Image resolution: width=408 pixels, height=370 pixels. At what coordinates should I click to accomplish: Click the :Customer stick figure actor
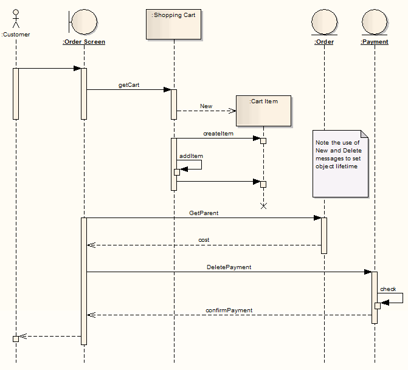coord(16,18)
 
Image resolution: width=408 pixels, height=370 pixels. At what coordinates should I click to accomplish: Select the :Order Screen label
coord(84,42)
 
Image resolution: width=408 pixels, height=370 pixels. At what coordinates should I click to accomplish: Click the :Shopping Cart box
coord(173,24)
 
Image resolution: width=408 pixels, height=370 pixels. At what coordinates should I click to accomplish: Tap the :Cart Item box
coord(263,111)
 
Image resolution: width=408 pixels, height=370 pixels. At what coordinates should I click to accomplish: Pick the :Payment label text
coord(374,42)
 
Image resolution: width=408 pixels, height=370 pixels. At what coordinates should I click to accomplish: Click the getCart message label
coord(129,85)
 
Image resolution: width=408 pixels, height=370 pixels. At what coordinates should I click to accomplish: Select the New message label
coord(206,106)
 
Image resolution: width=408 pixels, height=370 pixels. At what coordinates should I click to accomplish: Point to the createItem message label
coord(218,133)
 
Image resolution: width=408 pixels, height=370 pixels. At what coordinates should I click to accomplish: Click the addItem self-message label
coord(191,156)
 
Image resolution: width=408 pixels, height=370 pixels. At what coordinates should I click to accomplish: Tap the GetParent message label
coord(204,213)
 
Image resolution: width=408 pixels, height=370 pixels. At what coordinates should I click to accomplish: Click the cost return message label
coord(204,240)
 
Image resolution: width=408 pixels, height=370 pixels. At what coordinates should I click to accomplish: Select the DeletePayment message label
coord(229,267)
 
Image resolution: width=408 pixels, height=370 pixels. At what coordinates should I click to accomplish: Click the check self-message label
coord(388,289)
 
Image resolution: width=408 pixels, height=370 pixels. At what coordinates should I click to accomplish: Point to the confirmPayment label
coord(229,310)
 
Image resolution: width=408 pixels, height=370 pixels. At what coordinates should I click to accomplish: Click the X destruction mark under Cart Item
coord(263,206)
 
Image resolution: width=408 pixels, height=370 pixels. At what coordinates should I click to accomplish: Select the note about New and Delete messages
coord(341,163)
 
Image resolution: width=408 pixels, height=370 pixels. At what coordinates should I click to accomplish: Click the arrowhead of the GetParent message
coord(317,218)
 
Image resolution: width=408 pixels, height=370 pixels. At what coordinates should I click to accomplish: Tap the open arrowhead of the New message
coord(232,111)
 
